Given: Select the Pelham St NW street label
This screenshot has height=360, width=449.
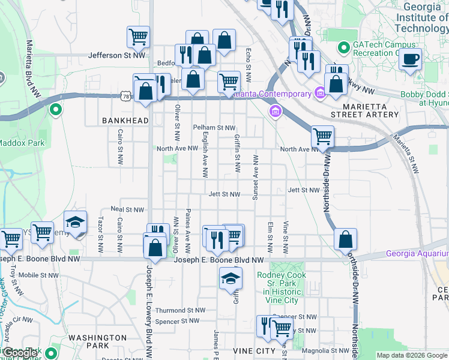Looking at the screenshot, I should (214, 128).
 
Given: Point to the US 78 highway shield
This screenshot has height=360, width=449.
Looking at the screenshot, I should (125, 96).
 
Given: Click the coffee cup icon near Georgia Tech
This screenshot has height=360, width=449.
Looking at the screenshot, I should (411, 59).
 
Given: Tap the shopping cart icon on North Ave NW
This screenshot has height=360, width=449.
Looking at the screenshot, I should (323, 137).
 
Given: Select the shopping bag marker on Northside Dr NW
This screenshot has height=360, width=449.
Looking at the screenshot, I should (346, 239).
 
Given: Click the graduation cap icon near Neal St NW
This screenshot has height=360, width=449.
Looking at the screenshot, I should (76, 223).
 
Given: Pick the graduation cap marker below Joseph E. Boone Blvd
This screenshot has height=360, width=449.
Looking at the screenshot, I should (231, 279).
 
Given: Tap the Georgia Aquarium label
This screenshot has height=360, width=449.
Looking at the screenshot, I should (417, 254).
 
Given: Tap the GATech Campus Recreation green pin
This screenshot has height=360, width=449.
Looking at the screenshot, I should (344, 46).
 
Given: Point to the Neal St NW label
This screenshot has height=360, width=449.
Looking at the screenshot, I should (128, 210).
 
